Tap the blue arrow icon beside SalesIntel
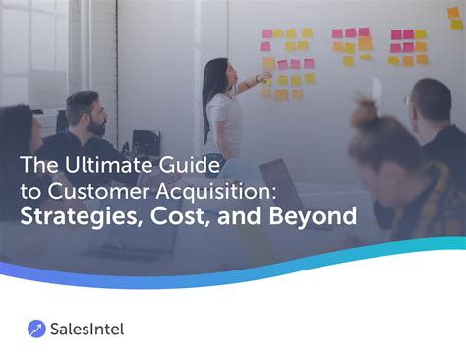(x=36, y=329)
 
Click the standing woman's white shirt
(x=223, y=116)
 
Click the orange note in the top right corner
(x=455, y=14)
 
